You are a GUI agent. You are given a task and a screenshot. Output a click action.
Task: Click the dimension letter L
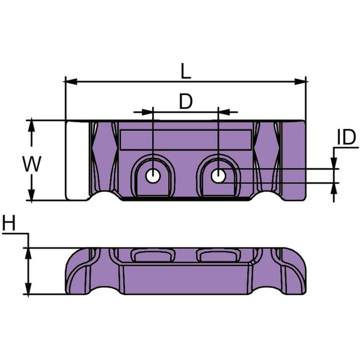(x=186, y=71)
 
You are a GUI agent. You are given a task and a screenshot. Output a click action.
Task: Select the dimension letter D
(x=186, y=101)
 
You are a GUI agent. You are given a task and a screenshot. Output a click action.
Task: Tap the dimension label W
(x=32, y=164)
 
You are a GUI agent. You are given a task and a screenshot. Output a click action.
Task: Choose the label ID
(x=346, y=137)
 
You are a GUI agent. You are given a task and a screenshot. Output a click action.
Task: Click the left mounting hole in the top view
(x=153, y=176)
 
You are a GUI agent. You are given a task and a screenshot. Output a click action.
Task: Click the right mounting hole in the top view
(x=219, y=176)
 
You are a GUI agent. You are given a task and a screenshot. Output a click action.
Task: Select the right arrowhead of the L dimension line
(x=300, y=82)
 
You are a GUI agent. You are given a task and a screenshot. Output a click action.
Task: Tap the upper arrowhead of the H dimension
(x=28, y=254)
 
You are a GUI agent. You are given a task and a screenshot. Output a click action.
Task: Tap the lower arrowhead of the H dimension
(x=28, y=288)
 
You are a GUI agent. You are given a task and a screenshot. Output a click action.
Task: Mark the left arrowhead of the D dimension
(x=147, y=112)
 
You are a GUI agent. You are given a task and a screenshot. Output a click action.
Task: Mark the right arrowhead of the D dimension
(x=224, y=112)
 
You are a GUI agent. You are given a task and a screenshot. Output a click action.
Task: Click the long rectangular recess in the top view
(x=186, y=140)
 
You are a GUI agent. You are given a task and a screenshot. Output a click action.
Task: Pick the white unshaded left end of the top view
(x=77, y=160)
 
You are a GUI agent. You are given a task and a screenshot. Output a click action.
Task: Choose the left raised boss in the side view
(x=153, y=256)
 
